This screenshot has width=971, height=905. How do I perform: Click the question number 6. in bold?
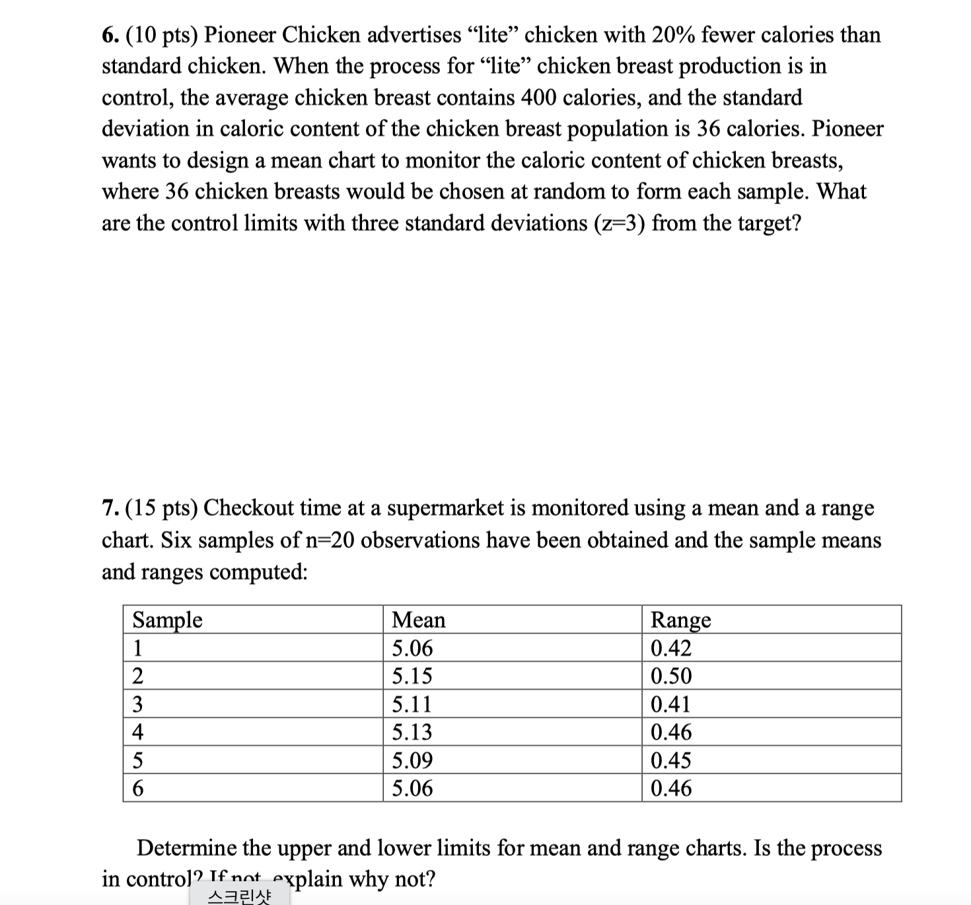[x=110, y=35]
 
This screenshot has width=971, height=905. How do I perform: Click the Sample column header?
[x=167, y=620]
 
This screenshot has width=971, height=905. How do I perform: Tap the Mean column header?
[x=419, y=620]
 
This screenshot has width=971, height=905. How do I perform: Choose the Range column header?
[x=681, y=620]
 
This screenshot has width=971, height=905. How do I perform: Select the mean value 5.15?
[x=412, y=676]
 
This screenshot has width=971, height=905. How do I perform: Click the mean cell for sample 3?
[x=412, y=704]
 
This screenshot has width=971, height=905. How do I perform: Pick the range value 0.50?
[x=671, y=676]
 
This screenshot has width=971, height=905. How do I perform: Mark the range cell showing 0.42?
[x=671, y=648]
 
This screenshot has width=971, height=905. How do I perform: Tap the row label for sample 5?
[x=138, y=760]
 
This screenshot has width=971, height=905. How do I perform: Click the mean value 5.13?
[x=412, y=732]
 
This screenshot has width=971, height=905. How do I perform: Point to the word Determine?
[x=186, y=848]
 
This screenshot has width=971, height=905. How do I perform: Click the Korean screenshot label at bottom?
[x=239, y=896]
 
